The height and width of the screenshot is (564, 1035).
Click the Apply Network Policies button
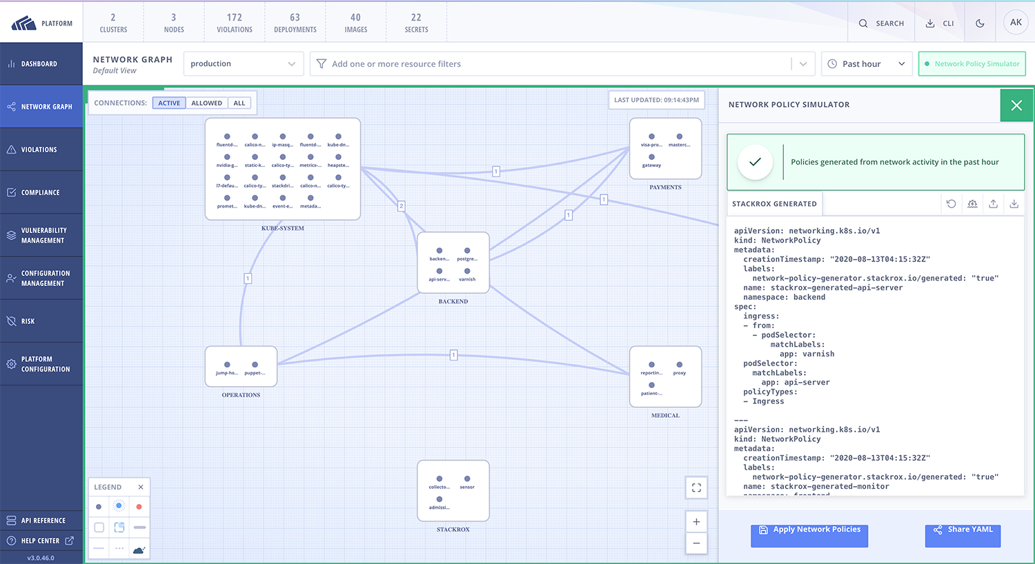tap(809, 531)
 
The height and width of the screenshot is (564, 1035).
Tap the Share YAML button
tap(963, 531)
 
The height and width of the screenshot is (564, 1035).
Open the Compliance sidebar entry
tap(41, 192)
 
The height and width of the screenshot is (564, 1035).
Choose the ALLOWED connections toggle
tap(206, 103)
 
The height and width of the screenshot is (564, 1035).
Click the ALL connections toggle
tap(239, 103)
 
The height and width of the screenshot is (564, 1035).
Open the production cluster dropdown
tap(243, 64)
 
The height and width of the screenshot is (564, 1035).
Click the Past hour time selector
tap(866, 64)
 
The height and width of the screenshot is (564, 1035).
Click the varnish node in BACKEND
tap(467, 271)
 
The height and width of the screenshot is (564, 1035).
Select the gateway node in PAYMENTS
tap(651, 157)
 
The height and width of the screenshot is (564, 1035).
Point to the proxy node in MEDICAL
tap(679, 365)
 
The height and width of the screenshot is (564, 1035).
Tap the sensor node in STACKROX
tap(467, 479)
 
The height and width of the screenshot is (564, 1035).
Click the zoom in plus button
tap(696, 522)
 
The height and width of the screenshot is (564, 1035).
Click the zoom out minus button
tap(696, 543)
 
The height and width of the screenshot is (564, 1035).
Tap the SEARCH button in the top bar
tap(881, 23)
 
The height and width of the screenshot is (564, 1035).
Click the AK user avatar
tap(1016, 23)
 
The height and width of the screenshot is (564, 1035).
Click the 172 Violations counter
tap(235, 23)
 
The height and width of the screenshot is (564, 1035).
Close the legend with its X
tap(141, 487)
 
